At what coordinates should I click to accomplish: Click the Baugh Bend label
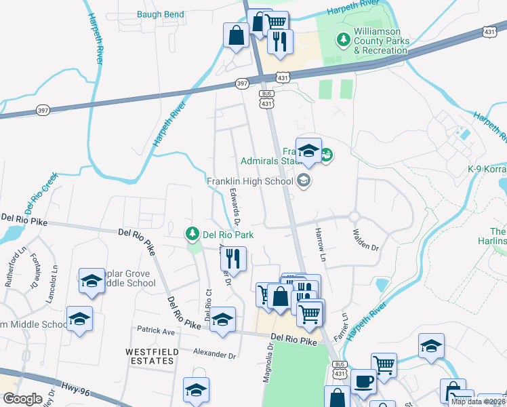[x=160, y=14]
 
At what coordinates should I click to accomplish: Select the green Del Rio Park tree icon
[x=193, y=234]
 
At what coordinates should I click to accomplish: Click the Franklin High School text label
[x=249, y=181]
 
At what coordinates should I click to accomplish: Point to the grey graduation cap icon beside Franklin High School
[x=303, y=180]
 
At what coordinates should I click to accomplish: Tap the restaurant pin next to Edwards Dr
[x=233, y=259]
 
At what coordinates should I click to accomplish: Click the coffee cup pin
[x=363, y=382]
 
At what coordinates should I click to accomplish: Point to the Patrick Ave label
[x=157, y=332]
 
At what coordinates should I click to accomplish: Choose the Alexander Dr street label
[x=214, y=355]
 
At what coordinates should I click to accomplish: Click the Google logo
[x=22, y=398]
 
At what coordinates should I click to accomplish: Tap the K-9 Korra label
[x=487, y=169]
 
